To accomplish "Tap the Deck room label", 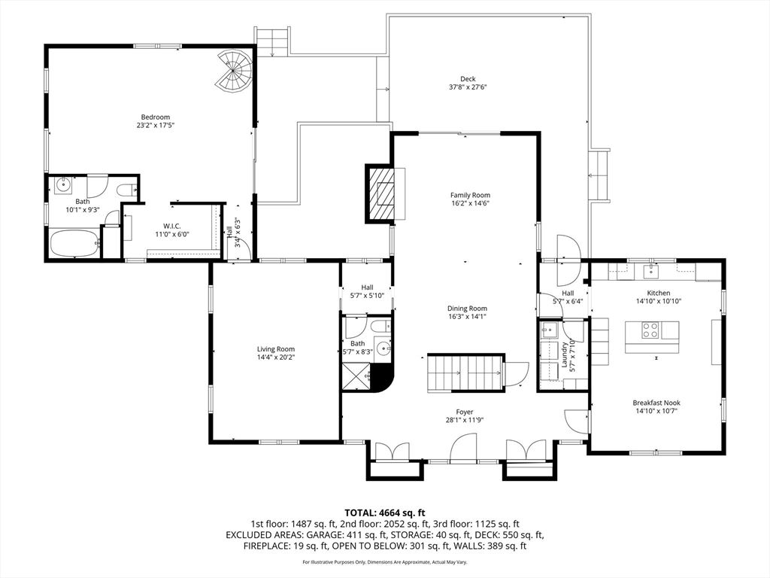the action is [468, 78].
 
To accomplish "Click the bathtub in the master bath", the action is [74, 244].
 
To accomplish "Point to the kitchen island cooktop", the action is [650, 330].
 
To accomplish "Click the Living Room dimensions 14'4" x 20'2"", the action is [276, 357].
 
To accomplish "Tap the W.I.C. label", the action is [172, 226].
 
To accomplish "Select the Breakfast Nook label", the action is [656, 403].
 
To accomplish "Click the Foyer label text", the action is [465, 412].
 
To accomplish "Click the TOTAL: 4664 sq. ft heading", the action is [384, 513].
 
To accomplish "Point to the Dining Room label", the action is [467, 309].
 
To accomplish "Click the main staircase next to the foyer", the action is [465, 372].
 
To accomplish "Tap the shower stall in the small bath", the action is [356, 376].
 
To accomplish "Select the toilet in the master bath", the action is [128, 189].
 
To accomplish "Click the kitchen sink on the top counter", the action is [652, 271].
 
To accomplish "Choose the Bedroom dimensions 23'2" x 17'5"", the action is [156, 125].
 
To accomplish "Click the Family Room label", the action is [471, 195].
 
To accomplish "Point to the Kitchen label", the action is [658, 293].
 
